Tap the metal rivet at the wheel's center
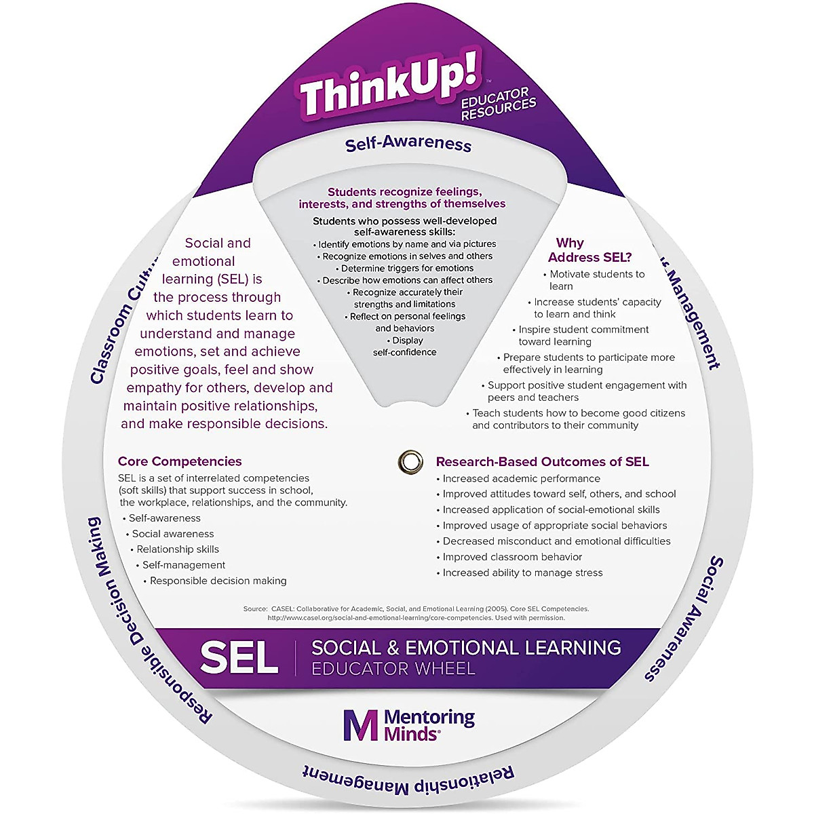[x=409, y=461]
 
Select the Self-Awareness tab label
[x=408, y=143]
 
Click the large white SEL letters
[x=239, y=657]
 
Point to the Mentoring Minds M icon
[x=360, y=726]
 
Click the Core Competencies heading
[x=180, y=461]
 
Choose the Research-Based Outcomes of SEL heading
[x=542, y=462]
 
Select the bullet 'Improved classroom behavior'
[x=512, y=557]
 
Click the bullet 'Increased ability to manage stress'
[x=522, y=573]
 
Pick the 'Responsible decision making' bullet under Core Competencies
[x=218, y=581]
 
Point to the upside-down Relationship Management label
[x=408, y=779]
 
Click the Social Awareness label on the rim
[x=684, y=618]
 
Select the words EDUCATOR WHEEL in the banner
[x=393, y=669]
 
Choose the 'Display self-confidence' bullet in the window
[x=406, y=346]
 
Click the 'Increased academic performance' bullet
[x=521, y=478]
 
